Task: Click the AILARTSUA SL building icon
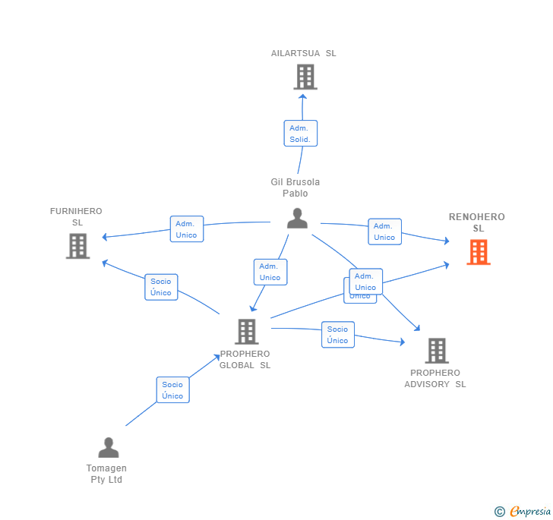(305, 77)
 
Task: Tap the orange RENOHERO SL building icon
(479, 252)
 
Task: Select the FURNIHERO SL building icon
(77, 246)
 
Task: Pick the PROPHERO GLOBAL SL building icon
(246, 332)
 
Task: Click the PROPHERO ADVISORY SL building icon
(436, 351)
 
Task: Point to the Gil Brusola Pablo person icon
(297, 219)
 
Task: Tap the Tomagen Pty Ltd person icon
(109, 447)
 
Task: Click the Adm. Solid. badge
(300, 134)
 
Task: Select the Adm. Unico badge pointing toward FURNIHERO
(186, 229)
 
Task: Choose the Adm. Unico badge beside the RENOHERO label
(384, 232)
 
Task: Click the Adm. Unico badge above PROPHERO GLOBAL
(270, 272)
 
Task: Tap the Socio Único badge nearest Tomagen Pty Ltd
(172, 390)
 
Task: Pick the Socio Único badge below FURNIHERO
(161, 287)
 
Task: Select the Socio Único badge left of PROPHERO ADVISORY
(337, 335)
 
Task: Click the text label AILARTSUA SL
(304, 53)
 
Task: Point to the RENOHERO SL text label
(477, 222)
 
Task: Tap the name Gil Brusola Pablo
(295, 188)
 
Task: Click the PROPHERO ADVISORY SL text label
(435, 378)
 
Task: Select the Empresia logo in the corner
(523, 512)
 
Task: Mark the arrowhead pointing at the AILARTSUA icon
(302, 96)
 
